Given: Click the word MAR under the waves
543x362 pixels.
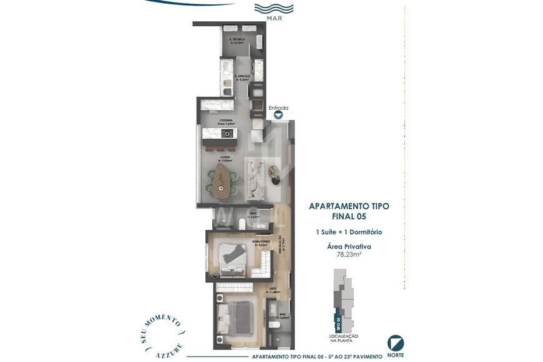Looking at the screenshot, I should (273, 19).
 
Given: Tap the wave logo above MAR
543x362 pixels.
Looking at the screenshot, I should (273, 9).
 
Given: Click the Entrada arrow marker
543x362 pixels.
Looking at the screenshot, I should (278, 114).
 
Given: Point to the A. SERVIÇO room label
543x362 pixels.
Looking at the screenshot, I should (242, 77).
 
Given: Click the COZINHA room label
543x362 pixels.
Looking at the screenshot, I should (226, 122).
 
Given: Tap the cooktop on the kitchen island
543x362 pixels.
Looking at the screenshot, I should (227, 133).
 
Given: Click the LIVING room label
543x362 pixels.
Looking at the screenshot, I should (225, 159).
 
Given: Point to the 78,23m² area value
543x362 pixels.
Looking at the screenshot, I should (349, 255).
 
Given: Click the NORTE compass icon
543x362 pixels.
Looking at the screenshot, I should (396, 343).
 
